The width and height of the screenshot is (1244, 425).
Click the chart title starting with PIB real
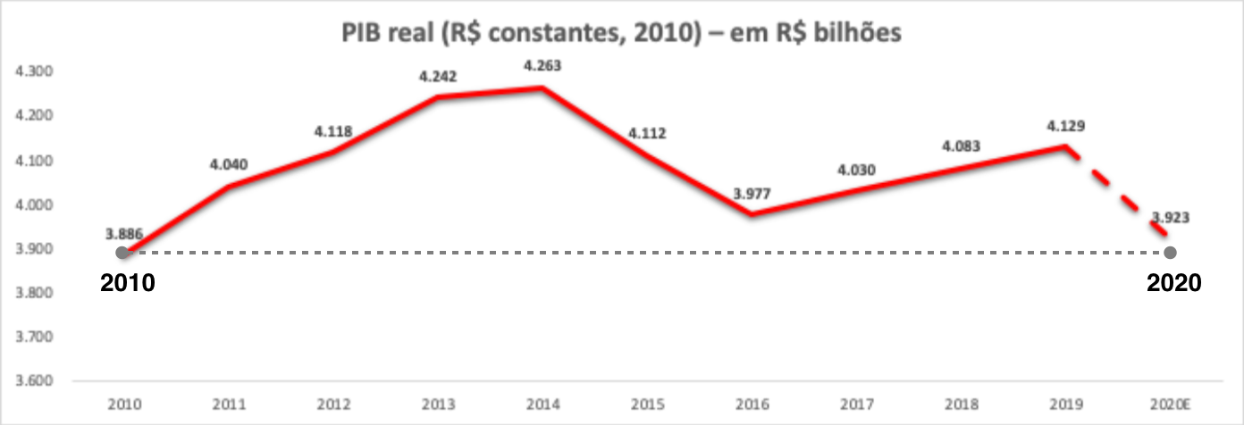pos(623,34)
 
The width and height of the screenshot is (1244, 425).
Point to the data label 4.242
pos(438,77)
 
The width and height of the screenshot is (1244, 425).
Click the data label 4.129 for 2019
pos(1065,126)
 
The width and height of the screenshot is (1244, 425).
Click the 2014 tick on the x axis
pos(542,404)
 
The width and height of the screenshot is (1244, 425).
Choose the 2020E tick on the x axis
pos(1171,404)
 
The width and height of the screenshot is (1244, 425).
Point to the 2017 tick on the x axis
pos(856,404)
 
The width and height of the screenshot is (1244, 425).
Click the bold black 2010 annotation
pos(128,283)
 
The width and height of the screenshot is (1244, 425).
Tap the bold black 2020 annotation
pos(1173,283)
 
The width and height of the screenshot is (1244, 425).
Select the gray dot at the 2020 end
pos(1171,253)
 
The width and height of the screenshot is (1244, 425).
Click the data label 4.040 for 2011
pos(229,164)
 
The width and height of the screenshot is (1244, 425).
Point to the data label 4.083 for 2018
pos(961,146)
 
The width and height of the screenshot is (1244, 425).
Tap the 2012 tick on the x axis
pos(332,404)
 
